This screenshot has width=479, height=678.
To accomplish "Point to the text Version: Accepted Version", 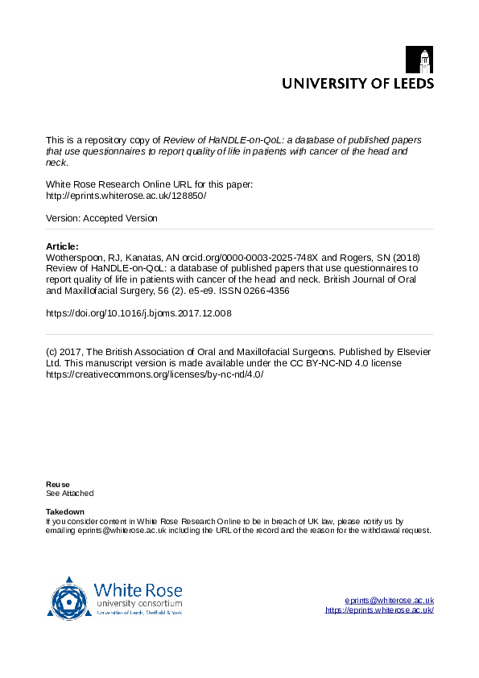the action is pyautogui.click(x=101, y=218).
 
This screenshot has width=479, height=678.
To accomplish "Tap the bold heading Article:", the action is pyautogui.click(x=62, y=246).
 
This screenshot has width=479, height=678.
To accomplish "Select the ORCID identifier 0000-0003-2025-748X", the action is pyautogui.click(x=262, y=258).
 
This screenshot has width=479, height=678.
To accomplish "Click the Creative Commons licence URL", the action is pyautogui.click(x=155, y=374).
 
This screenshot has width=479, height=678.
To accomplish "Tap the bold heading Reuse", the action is pyautogui.click(x=57, y=484).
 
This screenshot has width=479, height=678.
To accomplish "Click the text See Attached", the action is pyautogui.click(x=69, y=493).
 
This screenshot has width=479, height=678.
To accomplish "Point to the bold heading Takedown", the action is pyautogui.click(x=64, y=512).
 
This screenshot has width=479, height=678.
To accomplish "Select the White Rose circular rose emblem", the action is pyautogui.click(x=69, y=598).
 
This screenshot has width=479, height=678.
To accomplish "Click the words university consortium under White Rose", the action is pyautogui.click(x=138, y=603).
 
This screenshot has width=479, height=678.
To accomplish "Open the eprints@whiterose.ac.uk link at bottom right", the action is pyautogui.click(x=389, y=601).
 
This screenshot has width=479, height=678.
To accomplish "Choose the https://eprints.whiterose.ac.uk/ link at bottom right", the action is pyautogui.click(x=379, y=610).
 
